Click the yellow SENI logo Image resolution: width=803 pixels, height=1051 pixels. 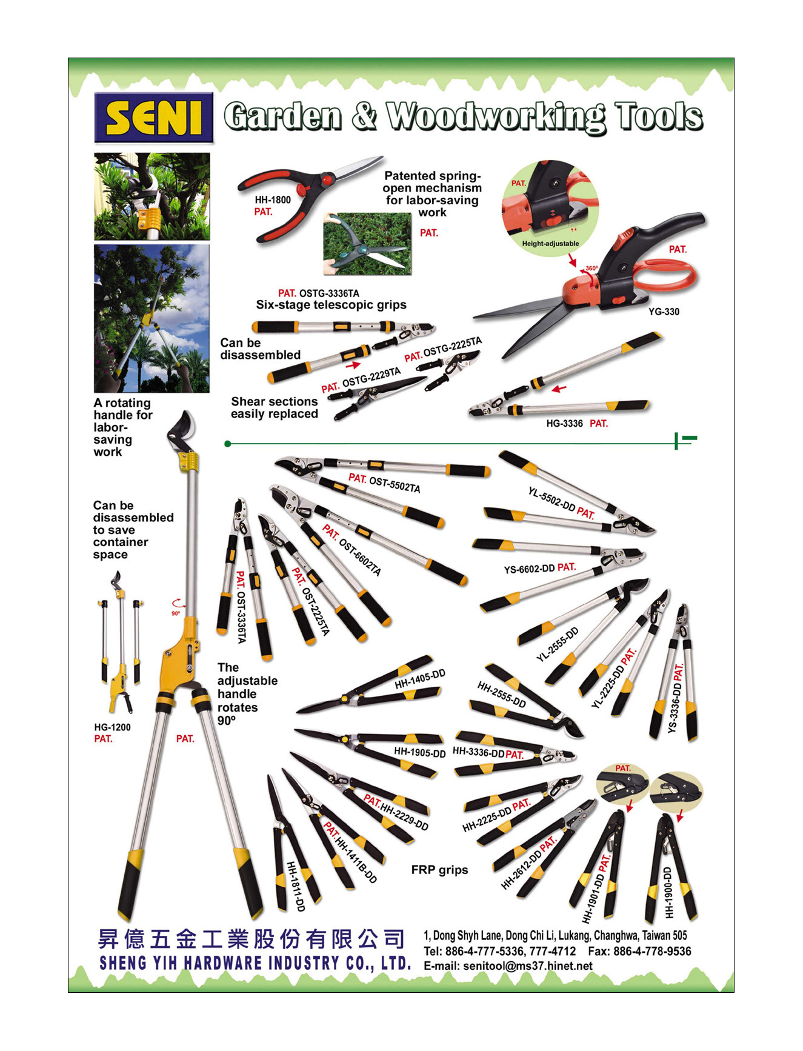pos(154,118)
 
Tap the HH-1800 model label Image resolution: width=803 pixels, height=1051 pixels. pos(272,199)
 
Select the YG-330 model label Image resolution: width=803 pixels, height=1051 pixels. pos(664,312)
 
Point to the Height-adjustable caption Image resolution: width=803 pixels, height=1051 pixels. pos(550,244)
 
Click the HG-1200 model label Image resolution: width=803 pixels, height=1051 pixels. pos(112,727)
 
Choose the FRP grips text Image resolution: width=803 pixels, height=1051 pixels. pos(439,870)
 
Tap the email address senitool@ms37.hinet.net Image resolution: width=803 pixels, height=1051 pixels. pos(527,966)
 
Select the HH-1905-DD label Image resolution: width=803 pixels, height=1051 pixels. pos(419,752)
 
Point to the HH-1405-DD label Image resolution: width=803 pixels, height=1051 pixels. pos(420,679)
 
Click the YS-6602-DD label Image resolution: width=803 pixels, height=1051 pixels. pos(529,569)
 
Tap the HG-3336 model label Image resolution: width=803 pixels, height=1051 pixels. pos(564,423)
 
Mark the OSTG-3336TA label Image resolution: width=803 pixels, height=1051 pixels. pos(329,293)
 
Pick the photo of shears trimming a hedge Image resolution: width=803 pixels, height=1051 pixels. pos(367,244)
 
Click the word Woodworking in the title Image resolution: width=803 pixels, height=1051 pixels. pos(496,117)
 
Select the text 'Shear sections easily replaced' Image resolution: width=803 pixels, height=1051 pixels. pos(274,407)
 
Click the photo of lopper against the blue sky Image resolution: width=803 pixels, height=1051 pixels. pos(152,319)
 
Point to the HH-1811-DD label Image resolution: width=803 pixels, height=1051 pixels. pos(295,886)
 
